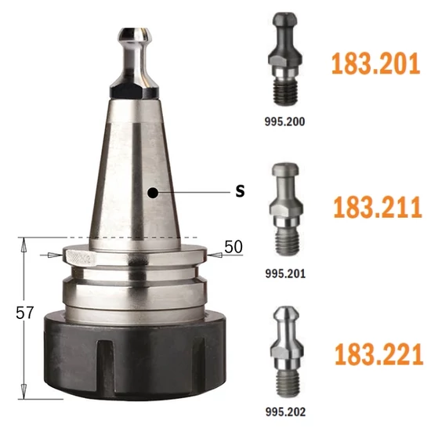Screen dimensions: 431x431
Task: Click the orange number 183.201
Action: point(375,63)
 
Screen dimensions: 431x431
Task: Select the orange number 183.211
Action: point(378,207)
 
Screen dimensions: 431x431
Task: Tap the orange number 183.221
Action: point(378,354)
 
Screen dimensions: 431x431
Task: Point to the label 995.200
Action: point(284,121)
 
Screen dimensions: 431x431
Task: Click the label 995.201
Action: point(285,273)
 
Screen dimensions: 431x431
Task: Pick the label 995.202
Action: point(285,411)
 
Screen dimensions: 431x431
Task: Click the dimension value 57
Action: point(25,313)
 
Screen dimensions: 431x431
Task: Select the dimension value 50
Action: point(234,247)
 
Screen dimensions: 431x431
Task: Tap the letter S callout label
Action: point(240,190)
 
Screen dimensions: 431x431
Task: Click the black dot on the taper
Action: point(153,193)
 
